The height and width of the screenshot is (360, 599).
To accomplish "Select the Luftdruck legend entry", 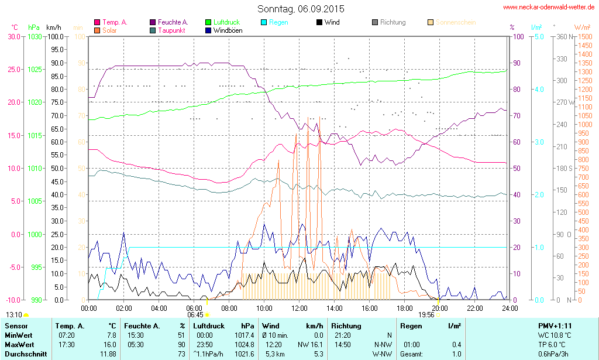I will click(226, 22).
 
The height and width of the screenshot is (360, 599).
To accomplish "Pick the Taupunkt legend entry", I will click(172, 30).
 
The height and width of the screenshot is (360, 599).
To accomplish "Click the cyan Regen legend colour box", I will click(264, 22).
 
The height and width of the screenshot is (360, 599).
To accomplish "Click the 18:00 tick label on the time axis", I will click(404, 308).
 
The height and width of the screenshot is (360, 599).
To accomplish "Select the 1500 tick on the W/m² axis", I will click(584, 36).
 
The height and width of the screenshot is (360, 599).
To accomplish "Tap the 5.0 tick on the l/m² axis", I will click(539, 36).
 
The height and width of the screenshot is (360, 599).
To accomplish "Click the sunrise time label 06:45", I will click(195, 314).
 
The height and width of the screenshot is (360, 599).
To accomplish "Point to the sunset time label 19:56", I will click(426, 314).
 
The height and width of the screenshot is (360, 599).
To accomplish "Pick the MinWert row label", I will click(19, 335).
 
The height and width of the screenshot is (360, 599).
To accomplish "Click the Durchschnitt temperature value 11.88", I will click(108, 354).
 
